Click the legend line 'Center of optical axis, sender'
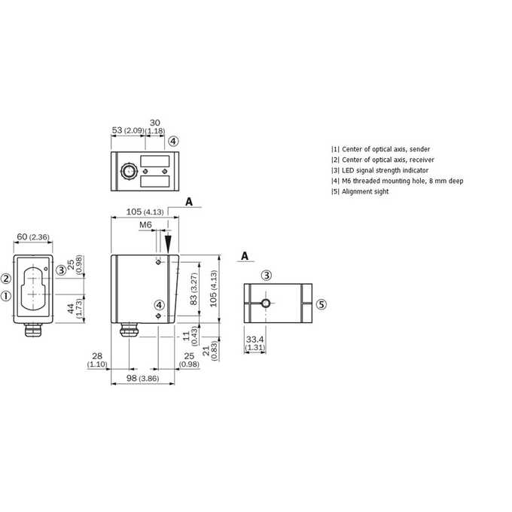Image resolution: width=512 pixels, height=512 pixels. click(386, 149)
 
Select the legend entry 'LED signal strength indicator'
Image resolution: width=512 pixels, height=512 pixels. click(385, 170)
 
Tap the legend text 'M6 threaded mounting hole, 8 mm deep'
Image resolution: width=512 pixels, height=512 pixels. click(402, 181)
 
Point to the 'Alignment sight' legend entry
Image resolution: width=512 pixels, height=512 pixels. click(365, 192)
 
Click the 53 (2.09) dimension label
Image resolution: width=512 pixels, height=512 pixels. click(128, 130)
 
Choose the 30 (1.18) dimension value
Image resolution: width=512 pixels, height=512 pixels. click(155, 126)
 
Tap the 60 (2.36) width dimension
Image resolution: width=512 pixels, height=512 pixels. click(33, 237)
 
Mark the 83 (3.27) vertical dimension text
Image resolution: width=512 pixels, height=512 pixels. click(194, 288)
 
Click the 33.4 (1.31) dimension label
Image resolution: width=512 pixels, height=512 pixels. click(255, 343)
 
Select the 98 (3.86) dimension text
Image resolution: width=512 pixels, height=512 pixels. click(143, 378)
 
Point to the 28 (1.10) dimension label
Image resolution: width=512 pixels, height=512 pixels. click(97, 360)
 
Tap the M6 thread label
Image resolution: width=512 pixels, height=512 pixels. click(145, 225)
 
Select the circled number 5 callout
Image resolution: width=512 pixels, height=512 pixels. click(322, 305)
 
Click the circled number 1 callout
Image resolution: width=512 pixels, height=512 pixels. click(6, 296)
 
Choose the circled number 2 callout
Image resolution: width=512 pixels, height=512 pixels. click(6, 279)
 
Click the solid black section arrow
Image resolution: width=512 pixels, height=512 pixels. click(168, 244)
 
